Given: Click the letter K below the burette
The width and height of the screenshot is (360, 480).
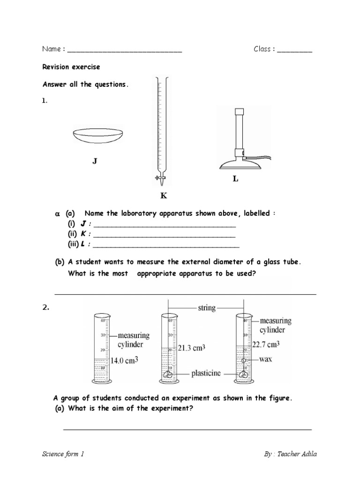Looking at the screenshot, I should pos(164,195).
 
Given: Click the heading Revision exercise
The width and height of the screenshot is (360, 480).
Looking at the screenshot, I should pos(71,67).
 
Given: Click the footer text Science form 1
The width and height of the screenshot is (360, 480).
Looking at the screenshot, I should pos(64,454).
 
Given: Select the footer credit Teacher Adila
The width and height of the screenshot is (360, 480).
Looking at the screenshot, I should pos(302,454).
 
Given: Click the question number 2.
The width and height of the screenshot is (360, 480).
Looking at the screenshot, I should pos(46,308).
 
